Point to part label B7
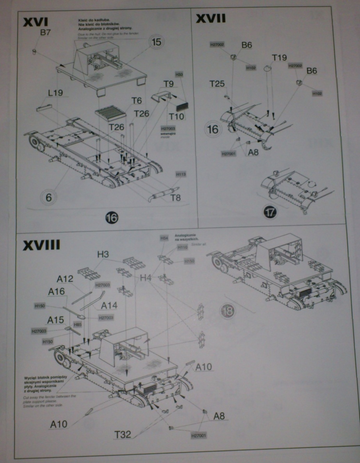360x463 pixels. [45, 34]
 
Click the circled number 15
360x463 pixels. [156, 42]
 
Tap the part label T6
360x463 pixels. [136, 101]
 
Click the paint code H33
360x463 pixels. [179, 75]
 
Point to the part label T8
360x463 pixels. [176, 198]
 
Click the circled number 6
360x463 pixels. [48, 198]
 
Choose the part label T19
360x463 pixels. [279, 58]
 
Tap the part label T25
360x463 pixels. [217, 84]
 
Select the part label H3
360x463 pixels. [103, 254]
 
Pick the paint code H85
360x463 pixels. [78, 324]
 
